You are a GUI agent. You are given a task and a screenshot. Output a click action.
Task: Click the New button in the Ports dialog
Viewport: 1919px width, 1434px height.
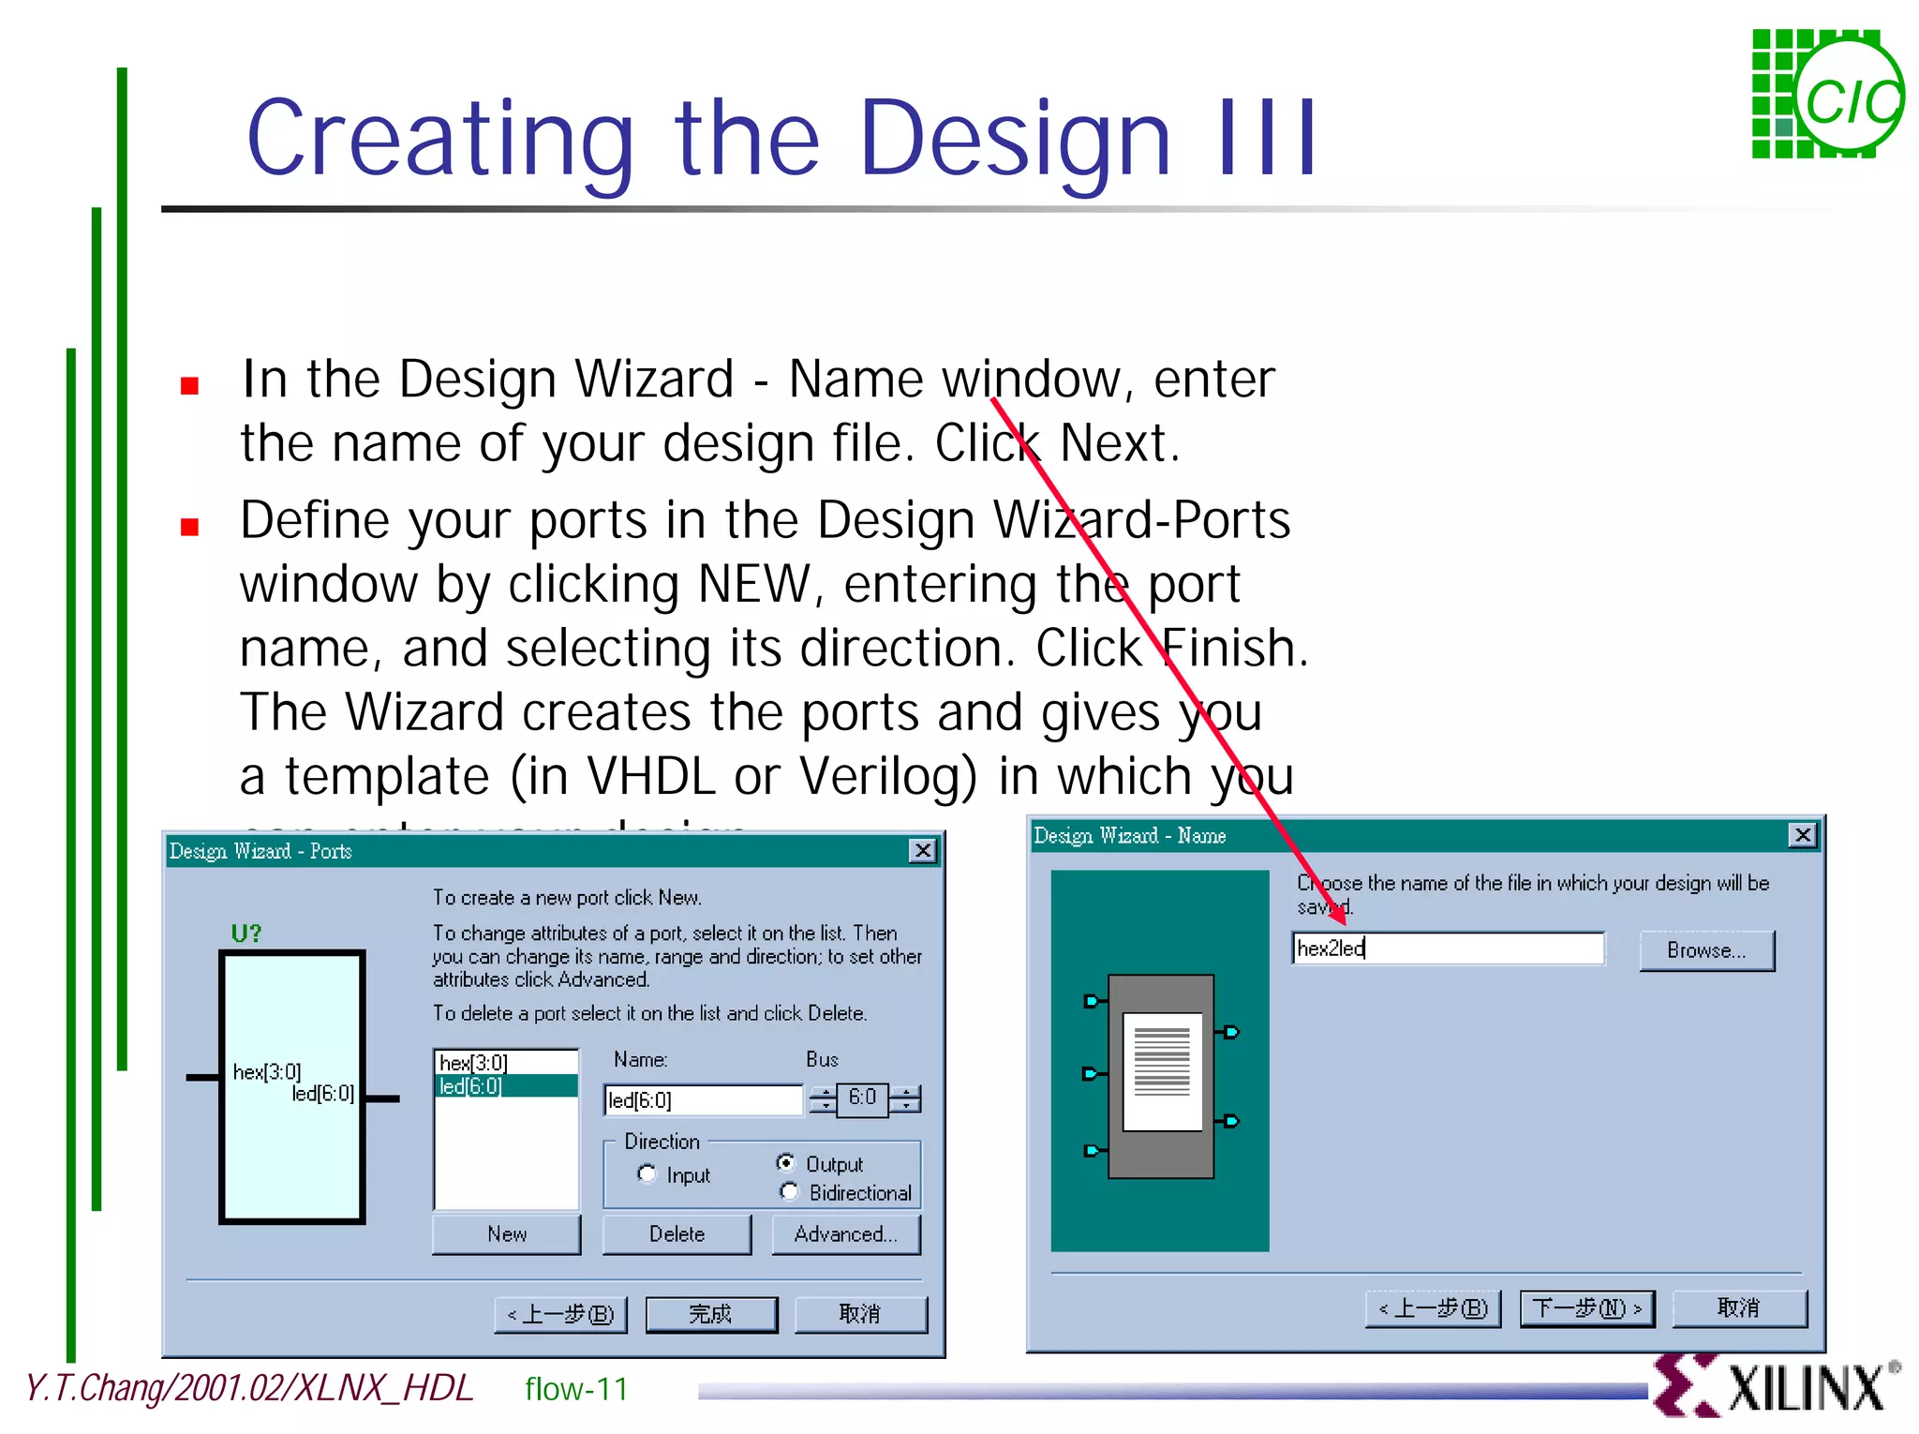(x=506, y=1233)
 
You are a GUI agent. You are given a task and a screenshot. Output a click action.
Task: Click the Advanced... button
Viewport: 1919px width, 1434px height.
(x=845, y=1233)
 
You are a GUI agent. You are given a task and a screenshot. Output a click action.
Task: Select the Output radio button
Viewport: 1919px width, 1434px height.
(x=786, y=1162)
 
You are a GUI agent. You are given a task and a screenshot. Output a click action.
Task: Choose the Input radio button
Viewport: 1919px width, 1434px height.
(x=647, y=1173)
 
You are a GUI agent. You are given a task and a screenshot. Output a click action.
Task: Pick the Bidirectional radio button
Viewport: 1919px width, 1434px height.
(x=789, y=1191)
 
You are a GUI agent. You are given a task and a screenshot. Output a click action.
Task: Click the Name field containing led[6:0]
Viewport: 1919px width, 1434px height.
(x=703, y=1099)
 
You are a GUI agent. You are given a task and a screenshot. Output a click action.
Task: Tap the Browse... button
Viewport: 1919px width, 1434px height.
(x=1705, y=950)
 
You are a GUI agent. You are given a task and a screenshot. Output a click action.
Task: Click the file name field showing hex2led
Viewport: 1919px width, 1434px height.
(x=1447, y=949)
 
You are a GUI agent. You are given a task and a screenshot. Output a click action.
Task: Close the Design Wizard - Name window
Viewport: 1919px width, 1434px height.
(x=1802, y=834)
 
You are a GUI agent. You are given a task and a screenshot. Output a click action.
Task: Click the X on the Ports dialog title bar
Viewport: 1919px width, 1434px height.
(x=922, y=850)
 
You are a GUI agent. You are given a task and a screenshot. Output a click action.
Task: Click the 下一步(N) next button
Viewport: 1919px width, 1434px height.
(x=1586, y=1307)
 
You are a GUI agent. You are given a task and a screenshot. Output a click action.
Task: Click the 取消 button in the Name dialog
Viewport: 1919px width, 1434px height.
(x=1738, y=1307)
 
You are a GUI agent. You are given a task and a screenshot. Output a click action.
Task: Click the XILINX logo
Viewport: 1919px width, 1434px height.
(x=1776, y=1386)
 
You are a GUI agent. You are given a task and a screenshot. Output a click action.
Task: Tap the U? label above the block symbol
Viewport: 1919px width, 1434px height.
(x=245, y=934)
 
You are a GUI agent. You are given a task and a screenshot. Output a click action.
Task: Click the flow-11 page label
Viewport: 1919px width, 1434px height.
(x=576, y=1389)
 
